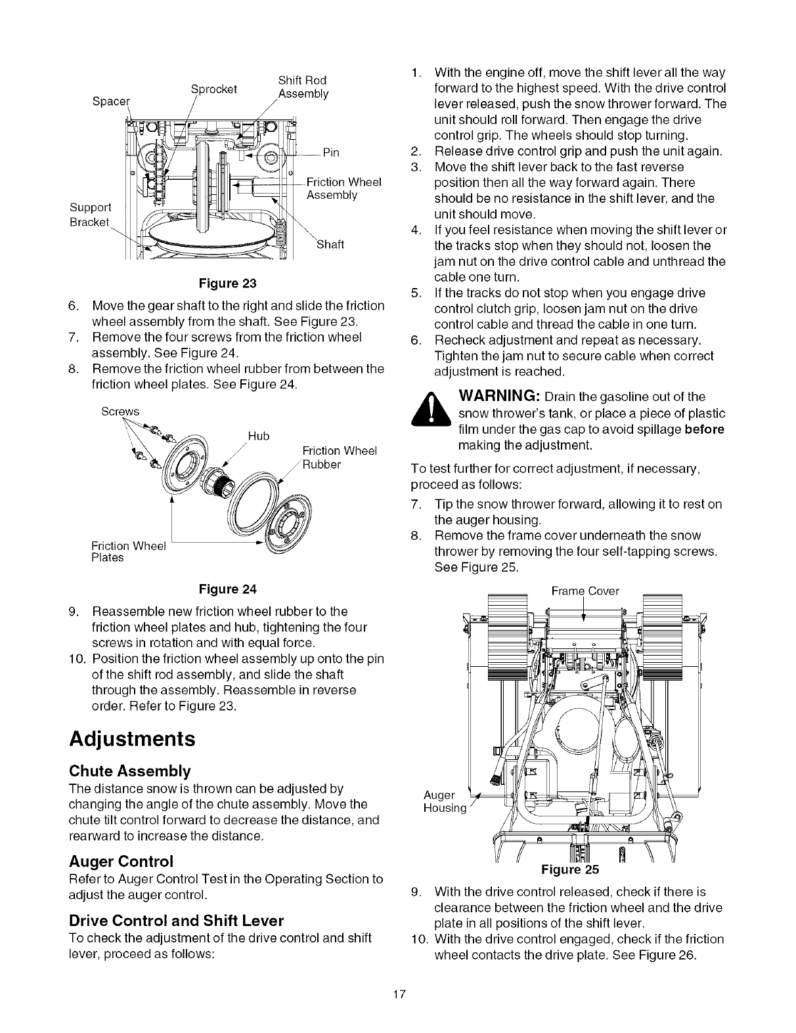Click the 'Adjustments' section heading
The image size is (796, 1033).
click(132, 739)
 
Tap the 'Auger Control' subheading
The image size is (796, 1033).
click(121, 860)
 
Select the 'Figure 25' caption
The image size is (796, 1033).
click(570, 870)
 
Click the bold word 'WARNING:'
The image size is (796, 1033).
click(499, 397)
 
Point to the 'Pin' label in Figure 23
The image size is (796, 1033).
click(331, 153)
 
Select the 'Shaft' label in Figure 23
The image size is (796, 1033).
click(330, 245)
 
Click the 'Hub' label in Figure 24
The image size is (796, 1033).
click(259, 436)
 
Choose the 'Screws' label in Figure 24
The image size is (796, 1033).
click(120, 411)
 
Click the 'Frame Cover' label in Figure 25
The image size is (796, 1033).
click(585, 591)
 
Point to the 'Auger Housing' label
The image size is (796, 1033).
click(444, 801)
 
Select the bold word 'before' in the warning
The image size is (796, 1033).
click(704, 429)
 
